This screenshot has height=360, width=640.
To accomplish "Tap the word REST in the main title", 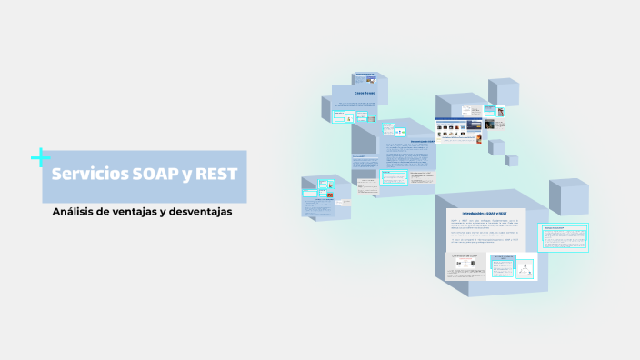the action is pos(215,175).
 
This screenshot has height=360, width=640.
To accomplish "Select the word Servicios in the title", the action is pos(90,175).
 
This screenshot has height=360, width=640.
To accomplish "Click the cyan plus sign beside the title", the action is pos(40,158).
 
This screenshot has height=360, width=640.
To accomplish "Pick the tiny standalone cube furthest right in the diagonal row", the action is pos(512,160).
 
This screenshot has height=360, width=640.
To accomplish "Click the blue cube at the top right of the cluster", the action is pos(502,92).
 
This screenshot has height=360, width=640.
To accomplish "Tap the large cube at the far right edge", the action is pos(568,197).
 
